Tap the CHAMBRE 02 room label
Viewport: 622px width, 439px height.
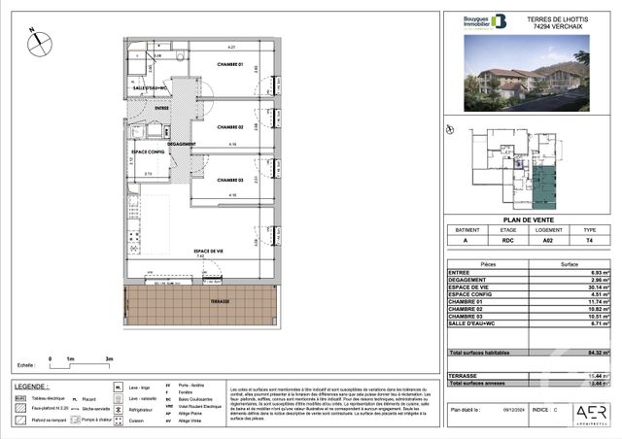click(230, 127)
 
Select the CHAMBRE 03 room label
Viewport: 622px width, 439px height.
click(230, 180)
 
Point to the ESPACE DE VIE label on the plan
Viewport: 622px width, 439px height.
click(210, 251)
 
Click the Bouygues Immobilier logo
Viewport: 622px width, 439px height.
click(485, 21)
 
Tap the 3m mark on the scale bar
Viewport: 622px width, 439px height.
click(110, 358)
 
